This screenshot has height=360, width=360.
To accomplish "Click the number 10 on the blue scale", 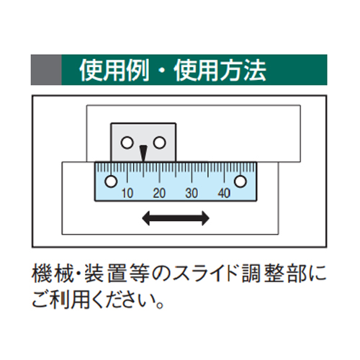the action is coord(127,193).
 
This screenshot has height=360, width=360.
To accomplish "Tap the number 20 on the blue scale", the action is coord(159,193).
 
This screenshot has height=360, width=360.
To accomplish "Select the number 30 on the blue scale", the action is coord(192,193).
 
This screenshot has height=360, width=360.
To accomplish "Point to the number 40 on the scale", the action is coord(224,193).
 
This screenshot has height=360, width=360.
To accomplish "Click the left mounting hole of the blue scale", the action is coord(111,181).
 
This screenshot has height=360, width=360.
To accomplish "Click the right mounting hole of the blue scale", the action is coord(240,181).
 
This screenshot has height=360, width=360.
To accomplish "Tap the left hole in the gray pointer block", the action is coord(127,143).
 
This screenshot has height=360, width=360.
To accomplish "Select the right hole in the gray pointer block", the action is coord(160,143).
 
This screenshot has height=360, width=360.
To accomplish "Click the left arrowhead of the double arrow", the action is coord(146,218).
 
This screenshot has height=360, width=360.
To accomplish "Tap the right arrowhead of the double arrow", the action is coord(205,218).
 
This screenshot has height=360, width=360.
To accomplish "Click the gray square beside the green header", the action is coord(46,70).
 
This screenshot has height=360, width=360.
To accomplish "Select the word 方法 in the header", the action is coord(243,70).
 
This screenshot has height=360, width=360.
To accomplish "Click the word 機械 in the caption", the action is coord(53,274).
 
